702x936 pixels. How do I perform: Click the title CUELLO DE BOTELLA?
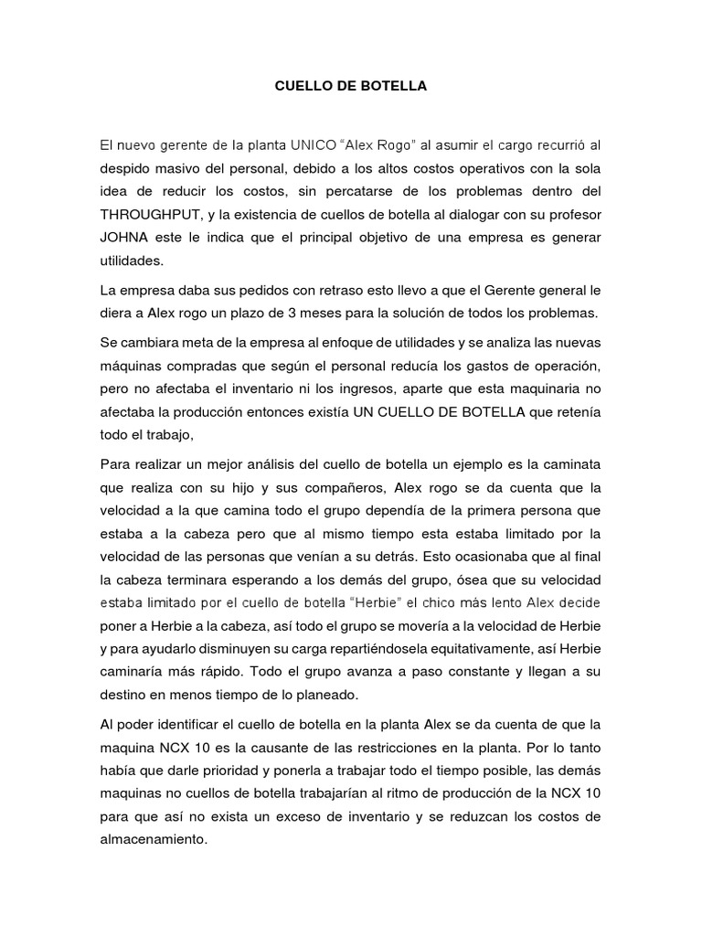[x=352, y=88]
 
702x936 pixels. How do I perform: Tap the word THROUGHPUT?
[x=152, y=215]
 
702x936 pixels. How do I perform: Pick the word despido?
[x=125, y=168]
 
